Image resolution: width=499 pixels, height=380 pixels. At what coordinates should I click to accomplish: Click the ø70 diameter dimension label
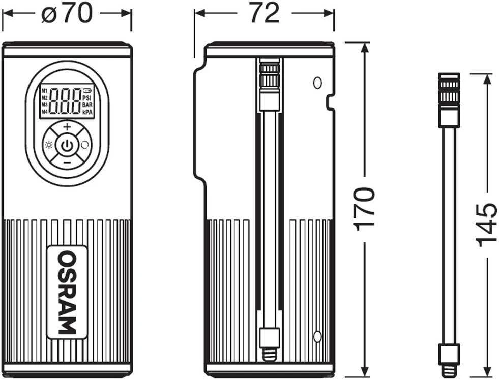67,13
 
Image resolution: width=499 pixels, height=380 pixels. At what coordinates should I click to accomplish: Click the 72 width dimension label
264,13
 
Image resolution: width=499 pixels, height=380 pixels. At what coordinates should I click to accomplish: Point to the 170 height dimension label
364,209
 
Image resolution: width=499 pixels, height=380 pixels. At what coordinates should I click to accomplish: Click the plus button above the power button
67,127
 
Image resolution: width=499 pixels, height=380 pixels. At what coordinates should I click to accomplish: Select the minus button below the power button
67,163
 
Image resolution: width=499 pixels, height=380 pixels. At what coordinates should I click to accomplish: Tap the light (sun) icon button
49,145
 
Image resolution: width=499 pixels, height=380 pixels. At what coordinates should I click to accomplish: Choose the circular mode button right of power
85,145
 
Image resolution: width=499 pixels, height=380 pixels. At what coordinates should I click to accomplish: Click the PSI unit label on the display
87,98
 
